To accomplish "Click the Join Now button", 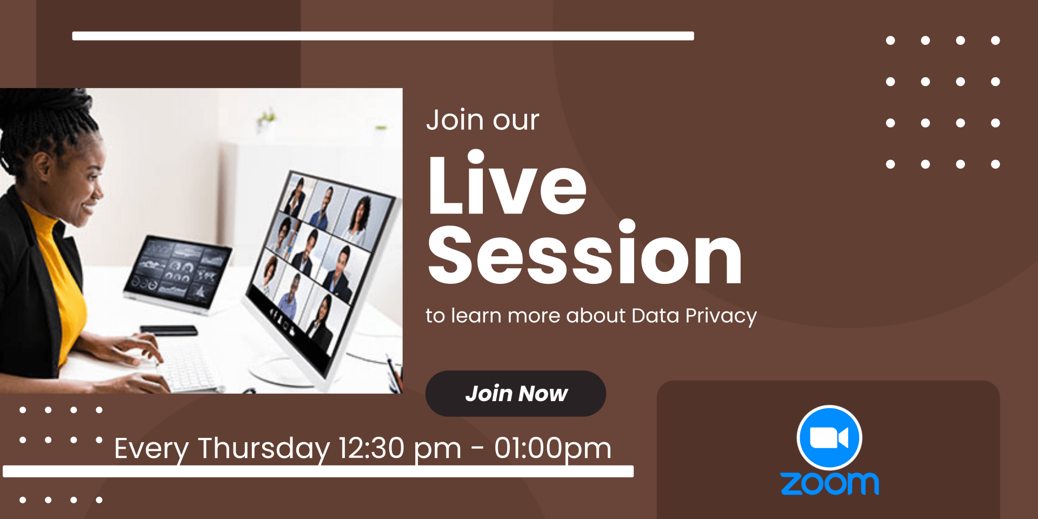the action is point(516,394).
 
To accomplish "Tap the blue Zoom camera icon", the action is point(829,438).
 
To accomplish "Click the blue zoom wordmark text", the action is point(829,483).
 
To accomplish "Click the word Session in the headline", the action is point(585,253).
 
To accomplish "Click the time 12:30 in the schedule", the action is point(371,448).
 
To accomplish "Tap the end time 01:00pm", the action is point(553,449).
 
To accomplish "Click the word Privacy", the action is point(721,316).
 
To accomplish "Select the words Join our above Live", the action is point(482,120).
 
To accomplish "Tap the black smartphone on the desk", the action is point(169,330).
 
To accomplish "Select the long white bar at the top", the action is point(383,36).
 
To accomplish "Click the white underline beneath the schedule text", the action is point(318,471).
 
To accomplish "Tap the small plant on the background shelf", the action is point(266,120).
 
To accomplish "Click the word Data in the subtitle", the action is point(655,316).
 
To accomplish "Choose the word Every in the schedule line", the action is point(151,449).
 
